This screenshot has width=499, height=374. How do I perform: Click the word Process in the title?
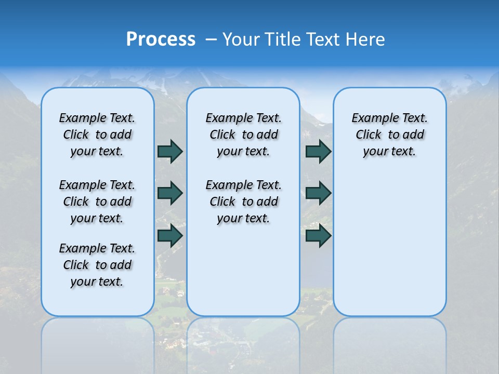[x=161, y=39]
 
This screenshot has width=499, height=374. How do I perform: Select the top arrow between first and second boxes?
[x=170, y=151]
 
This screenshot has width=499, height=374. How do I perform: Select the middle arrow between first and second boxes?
[x=170, y=193]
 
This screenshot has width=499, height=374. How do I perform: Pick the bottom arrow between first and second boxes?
[x=170, y=235]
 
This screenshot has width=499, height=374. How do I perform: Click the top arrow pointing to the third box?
[x=318, y=151]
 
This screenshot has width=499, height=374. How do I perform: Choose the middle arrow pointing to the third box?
[x=318, y=193]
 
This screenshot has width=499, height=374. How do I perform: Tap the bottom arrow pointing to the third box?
[x=318, y=235]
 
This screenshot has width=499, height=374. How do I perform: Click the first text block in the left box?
[x=97, y=135]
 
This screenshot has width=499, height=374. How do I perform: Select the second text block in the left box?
[x=97, y=202]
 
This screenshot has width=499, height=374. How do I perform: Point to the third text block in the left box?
[x=97, y=265]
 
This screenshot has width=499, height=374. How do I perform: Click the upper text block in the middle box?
[x=243, y=135]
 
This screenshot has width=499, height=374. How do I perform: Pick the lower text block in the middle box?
[x=243, y=202]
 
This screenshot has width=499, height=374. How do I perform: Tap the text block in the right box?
[x=390, y=135]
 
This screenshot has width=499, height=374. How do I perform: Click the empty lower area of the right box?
[x=390, y=244]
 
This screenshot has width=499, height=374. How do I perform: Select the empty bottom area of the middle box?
[x=243, y=275]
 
